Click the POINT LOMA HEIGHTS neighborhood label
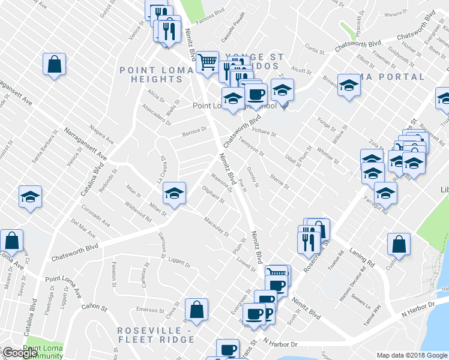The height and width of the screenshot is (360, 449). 155,74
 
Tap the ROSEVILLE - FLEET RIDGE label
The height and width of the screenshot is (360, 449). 155,335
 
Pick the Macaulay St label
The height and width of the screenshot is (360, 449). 217,226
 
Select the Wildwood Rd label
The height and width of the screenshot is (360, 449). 138,211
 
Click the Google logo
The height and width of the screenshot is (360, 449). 20,353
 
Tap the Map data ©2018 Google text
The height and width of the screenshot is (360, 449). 411,355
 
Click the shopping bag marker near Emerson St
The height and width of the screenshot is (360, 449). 196,310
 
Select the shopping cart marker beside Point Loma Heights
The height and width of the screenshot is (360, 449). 208,61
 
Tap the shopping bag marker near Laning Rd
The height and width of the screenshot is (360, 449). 399,244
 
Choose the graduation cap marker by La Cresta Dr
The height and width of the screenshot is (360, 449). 174,193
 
